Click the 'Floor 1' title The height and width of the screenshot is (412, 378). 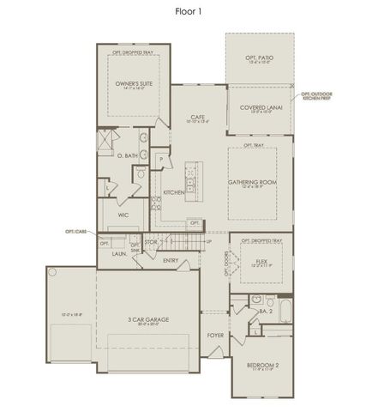tap(189, 11)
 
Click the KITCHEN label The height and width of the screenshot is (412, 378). tap(174, 192)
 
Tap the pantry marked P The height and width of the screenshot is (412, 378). tap(160, 160)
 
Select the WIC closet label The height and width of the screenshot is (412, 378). tap(111, 215)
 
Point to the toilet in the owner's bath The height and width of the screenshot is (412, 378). tap(140, 176)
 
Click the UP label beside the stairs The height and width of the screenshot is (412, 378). tap(209, 241)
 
